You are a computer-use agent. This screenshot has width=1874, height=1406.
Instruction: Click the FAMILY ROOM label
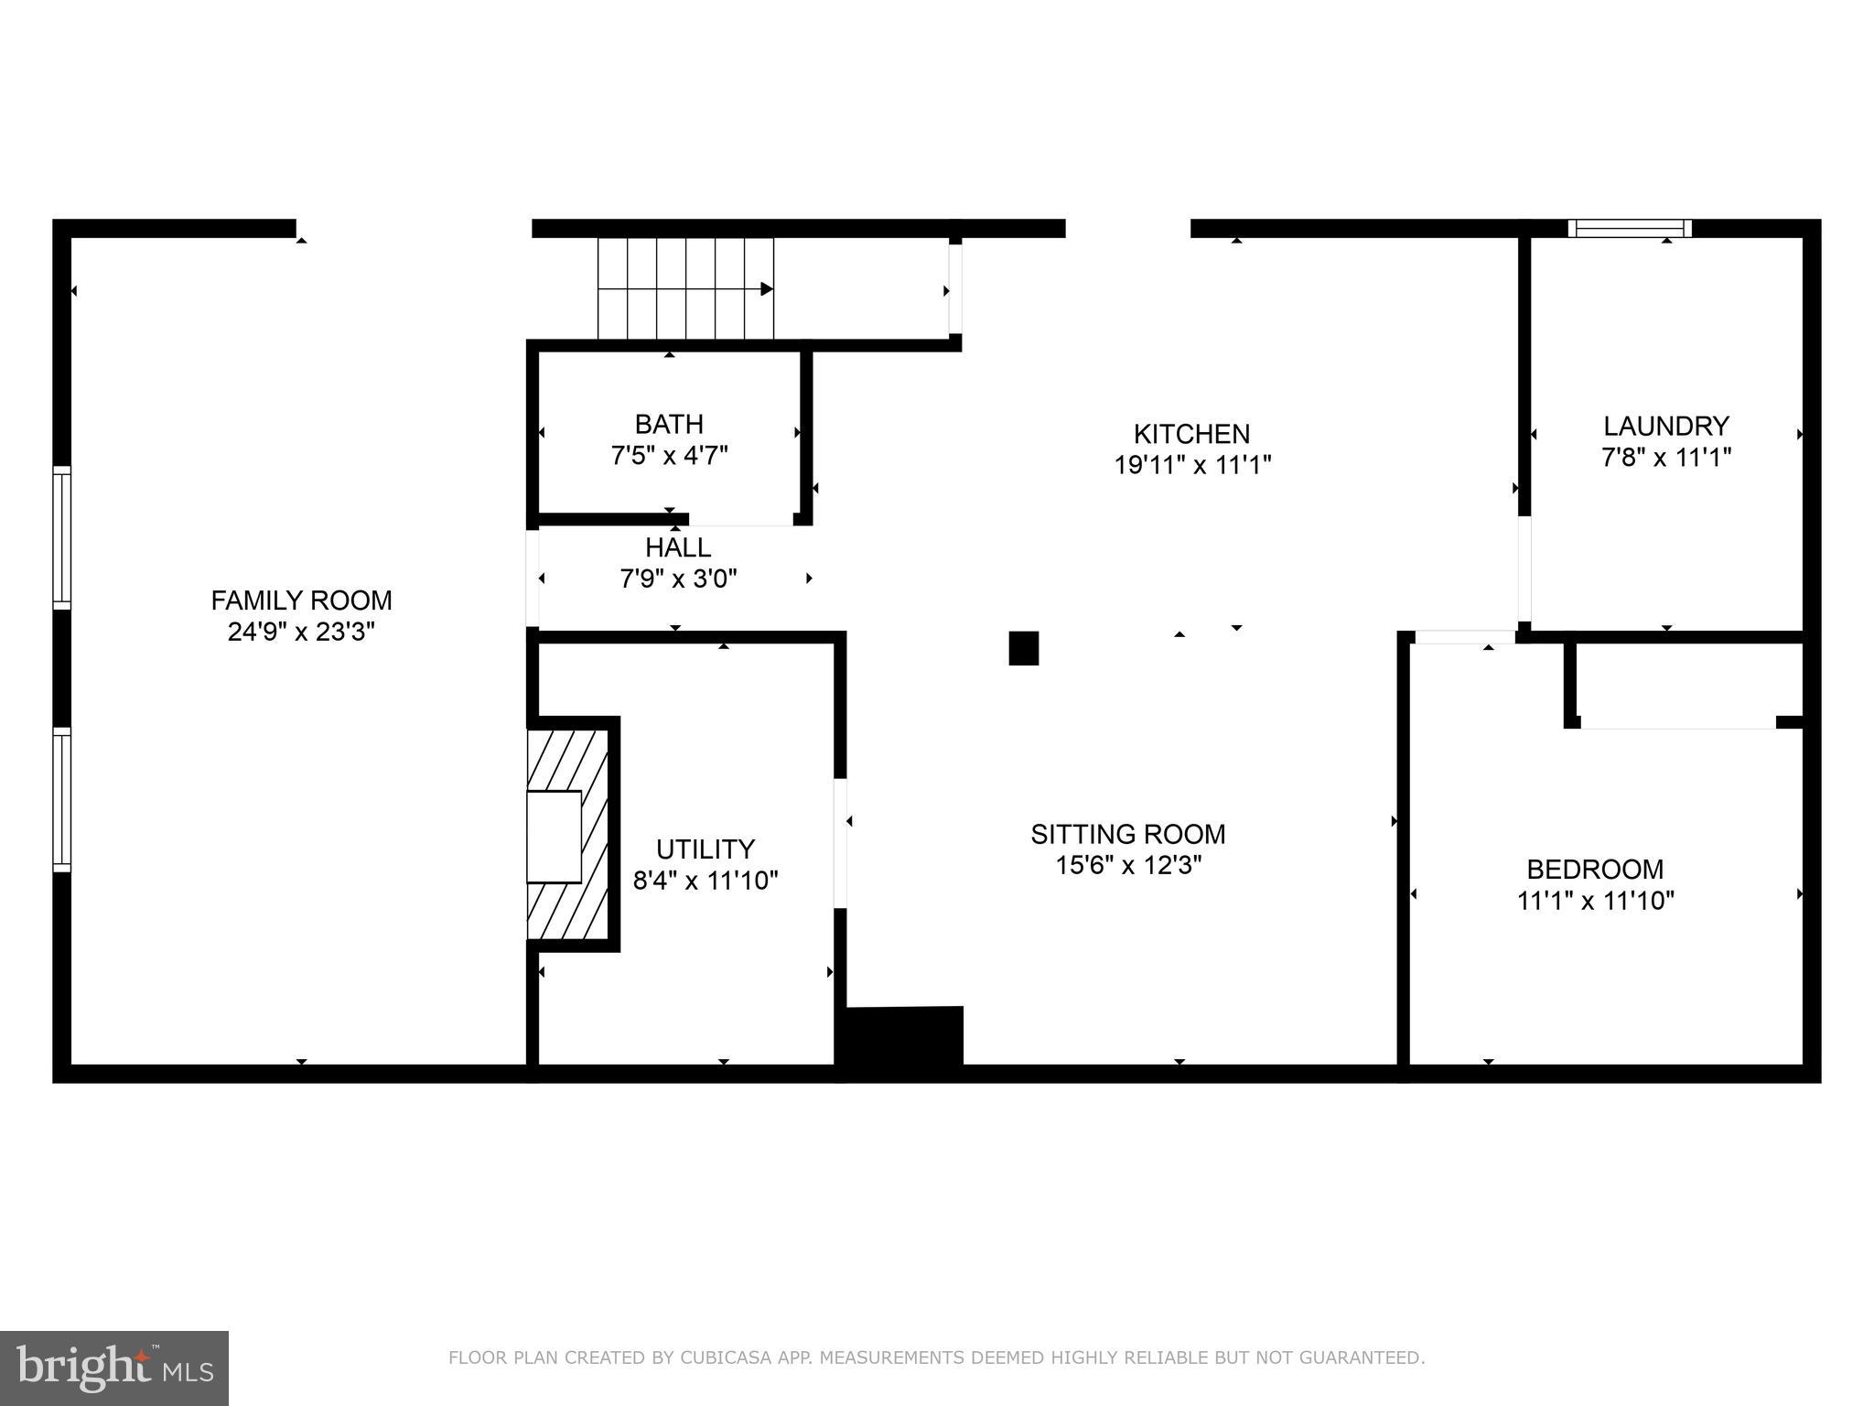coord(301,600)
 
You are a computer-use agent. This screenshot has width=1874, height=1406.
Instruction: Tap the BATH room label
coord(669,425)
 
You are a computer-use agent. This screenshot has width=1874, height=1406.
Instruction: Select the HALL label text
coord(678,547)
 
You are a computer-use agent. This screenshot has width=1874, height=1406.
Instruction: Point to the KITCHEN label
coord(1191,434)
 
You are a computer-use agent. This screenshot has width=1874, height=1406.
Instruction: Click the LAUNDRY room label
coord(1665,426)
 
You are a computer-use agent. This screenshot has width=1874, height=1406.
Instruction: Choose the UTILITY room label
coord(705,849)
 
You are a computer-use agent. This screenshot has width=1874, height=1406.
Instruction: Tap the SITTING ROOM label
coord(1127,834)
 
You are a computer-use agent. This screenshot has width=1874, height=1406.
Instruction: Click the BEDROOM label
coord(1595,869)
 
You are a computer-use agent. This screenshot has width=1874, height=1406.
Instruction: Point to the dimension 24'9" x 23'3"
coord(301,632)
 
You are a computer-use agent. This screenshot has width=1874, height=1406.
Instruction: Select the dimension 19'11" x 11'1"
coord(1191,465)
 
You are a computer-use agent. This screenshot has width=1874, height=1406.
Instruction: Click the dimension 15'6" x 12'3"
coord(1127,865)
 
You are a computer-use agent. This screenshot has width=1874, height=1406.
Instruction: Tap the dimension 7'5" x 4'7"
coord(669,456)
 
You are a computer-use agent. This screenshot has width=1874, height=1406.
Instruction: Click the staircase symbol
coord(685,288)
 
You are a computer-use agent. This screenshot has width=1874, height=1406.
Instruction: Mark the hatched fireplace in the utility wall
coord(568,834)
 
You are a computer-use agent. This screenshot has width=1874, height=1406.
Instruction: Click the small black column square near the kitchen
coord(1023,648)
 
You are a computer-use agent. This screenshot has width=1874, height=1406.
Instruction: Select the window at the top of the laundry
coord(1629,228)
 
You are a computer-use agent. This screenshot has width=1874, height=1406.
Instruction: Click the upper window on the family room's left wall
coord(61,537)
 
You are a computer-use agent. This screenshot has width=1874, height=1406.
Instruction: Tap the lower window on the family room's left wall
coord(61,799)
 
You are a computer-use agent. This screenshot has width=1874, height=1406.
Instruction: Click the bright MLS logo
coord(114,1368)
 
